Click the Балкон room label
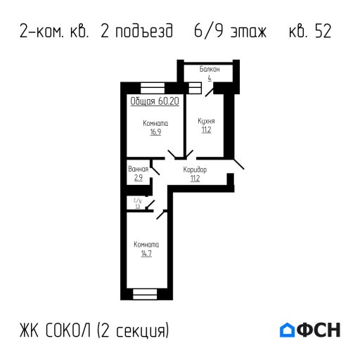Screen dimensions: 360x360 click(x=210, y=70)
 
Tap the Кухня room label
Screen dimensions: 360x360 click(x=206, y=120)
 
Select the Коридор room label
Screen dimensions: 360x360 click(x=195, y=170)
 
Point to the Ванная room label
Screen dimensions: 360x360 click(x=138, y=169)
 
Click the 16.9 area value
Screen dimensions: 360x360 click(x=155, y=131)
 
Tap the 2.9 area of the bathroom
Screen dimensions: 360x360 click(x=138, y=178)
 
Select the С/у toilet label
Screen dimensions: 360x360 click(x=138, y=201)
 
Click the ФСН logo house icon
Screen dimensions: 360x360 click(x=287, y=330)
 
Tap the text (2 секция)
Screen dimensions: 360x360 click(x=134, y=330)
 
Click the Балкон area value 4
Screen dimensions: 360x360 click(x=210, y=78)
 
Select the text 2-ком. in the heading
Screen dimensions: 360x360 click(x=44, y=32)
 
